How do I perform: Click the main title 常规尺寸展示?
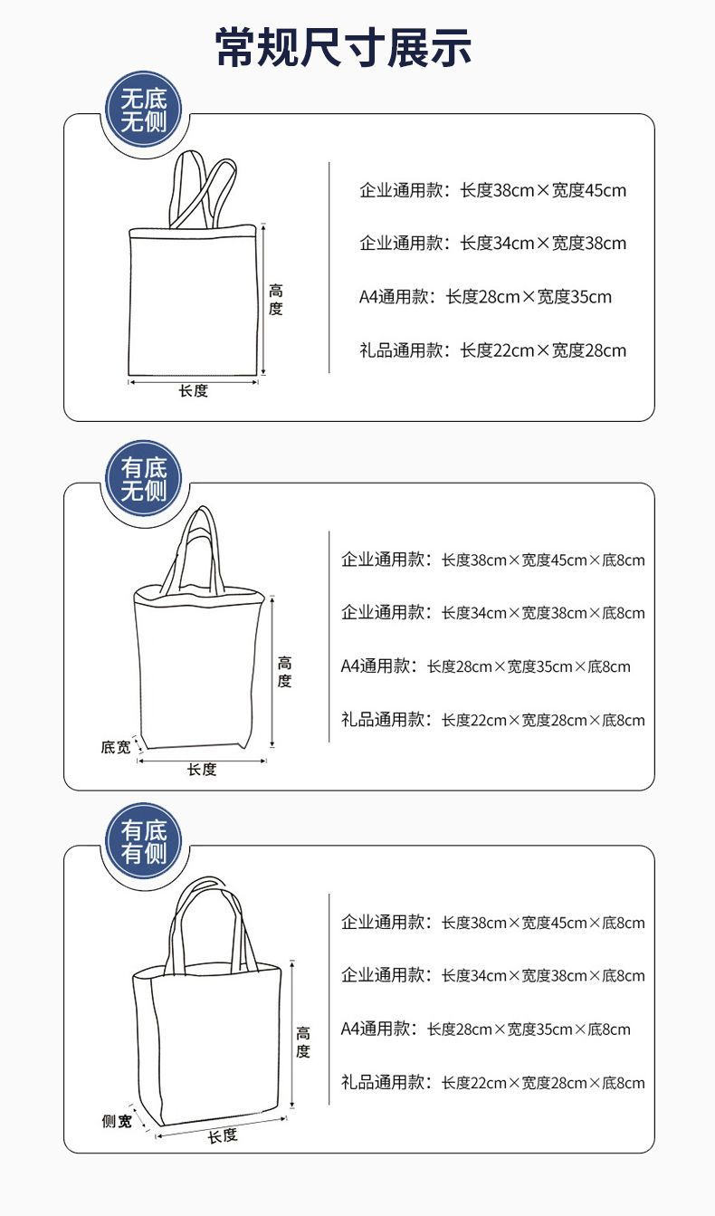pyautogui.click(x=343, y=47)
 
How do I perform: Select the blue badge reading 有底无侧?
pyautogui.click(x=144, y=480)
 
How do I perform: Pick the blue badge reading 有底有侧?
pyautogui.click(x=144, y=842)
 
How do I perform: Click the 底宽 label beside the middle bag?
pyautogui.click(x=115, y=747)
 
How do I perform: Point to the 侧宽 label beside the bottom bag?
pyautogui.click(x=116, y=1122)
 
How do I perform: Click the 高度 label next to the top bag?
pyautogui.click(x=275, y=300)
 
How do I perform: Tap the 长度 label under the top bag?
pyautogui.click(x=193, y=391)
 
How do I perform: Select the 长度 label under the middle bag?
pyautogui.click(x=202, y=770)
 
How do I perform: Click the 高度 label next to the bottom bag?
pyautogui.click(x=302, y=1042)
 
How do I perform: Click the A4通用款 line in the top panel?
pyautogui.click(x=485, y=297)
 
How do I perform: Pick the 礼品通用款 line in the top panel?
pyautogui.click(x=492, y=350)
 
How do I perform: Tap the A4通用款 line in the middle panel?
pyautogui.click(x=485, y=666)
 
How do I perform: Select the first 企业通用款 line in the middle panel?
pyautogui.click(x=492, y=560)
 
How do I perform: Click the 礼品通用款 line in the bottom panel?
pyautogui.click(x=492, y=1082)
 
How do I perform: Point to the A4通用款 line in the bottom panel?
pyautogui.click(x=485, y=1029)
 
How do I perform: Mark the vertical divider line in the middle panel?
pyautogui.click(x=329, y=638)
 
